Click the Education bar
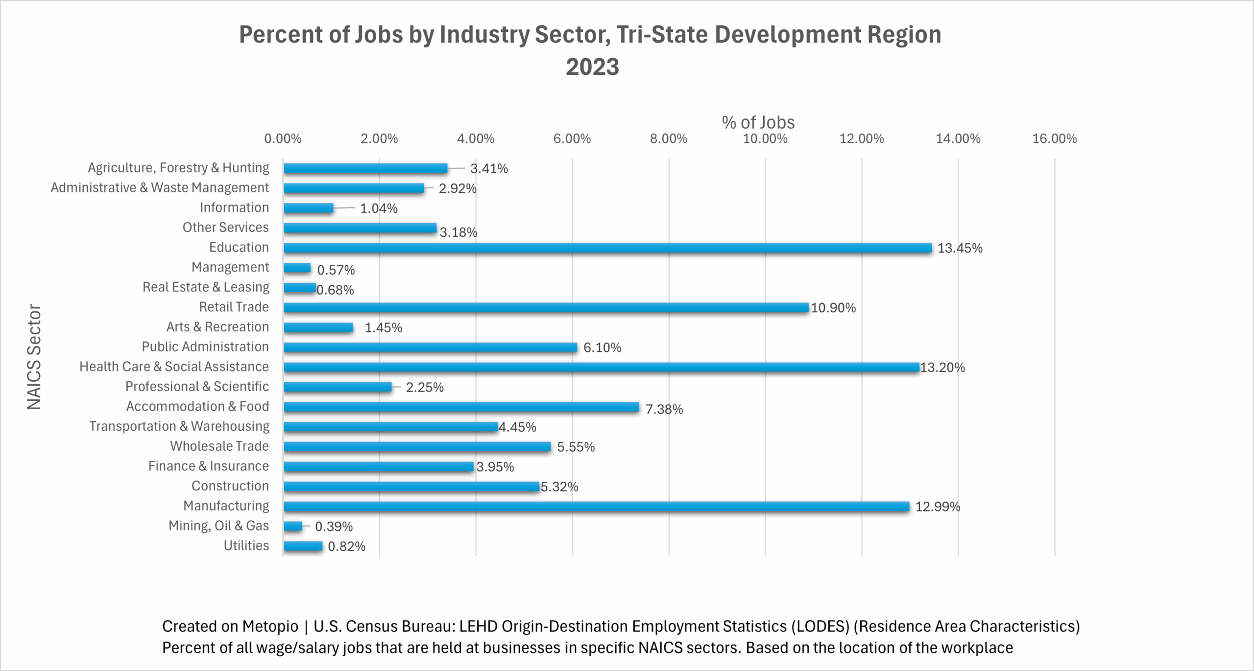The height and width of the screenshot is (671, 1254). tap(607, 248)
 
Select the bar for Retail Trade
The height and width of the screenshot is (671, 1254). tap(546, 308)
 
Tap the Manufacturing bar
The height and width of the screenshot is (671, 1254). tap(596, 507)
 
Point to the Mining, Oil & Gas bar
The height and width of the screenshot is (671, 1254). tap(293, 526)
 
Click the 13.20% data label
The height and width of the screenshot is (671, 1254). tap(942, 368)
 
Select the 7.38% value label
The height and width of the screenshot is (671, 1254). tap(664, 409)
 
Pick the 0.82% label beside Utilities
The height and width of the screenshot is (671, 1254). tap(347, 547)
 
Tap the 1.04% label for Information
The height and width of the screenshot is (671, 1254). tap(379, 208)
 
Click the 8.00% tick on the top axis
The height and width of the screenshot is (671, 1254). tap(668, 139)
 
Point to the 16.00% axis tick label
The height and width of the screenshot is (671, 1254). tap(1054, 139)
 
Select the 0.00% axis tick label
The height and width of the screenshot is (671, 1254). tap(283, 139)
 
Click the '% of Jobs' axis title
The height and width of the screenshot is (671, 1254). tap(758, 122)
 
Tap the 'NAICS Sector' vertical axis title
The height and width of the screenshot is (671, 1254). tap(34, 357)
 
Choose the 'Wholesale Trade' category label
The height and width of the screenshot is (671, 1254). tap(219, 446)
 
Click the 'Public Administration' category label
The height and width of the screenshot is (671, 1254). tap(205, 347)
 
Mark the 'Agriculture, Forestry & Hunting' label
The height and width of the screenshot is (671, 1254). tap(178, 168)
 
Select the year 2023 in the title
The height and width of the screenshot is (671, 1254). tap(592, 67)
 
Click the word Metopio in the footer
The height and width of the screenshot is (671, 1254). tap(270, 626)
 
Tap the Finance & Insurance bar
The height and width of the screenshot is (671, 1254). tap(379, 467)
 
